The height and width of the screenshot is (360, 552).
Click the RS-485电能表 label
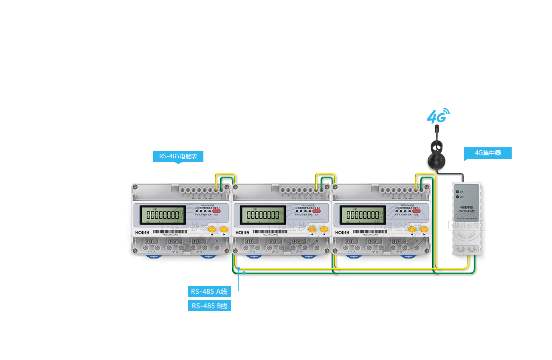tap(178, 156)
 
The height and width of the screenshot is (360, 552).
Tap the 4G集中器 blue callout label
tap(487, 153)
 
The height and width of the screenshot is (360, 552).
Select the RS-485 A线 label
tap(209, 291)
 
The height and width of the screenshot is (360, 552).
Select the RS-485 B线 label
tap(209, 306)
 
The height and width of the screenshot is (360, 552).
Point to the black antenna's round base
tap(436, 162)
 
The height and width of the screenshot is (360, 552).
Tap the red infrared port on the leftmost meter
tap(217, 211)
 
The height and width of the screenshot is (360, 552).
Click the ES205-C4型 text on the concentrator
tap(466, 211)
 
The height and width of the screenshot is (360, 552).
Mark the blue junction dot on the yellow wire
tap(239, 268)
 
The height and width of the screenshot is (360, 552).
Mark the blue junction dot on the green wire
tap(244, 273)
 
